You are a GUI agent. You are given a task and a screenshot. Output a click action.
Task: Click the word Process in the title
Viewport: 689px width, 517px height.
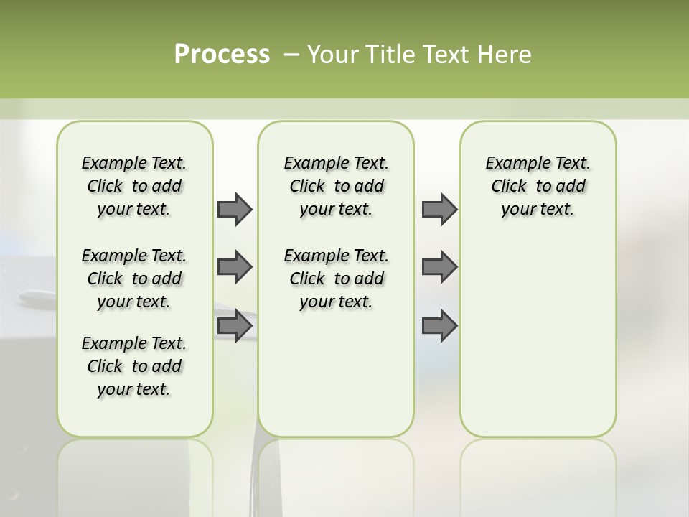point(222,54)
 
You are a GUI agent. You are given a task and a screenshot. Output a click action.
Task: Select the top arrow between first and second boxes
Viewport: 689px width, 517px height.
point(235,209)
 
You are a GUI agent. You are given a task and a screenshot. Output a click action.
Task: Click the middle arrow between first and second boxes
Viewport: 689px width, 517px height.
point(235,267)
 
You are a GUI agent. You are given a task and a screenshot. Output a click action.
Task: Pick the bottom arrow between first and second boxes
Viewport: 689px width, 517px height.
point(235,326)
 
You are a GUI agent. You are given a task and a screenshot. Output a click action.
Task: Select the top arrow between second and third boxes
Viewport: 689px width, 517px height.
point(439,209)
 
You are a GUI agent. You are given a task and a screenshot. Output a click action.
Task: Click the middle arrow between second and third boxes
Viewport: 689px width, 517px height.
point(439,267)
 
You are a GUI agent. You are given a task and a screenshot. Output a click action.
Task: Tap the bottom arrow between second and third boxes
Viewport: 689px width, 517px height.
point(439,326)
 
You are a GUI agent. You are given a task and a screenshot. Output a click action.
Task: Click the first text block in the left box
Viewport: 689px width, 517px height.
point(134,186)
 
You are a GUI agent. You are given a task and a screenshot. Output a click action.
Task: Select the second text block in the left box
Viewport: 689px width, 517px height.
point(134,279)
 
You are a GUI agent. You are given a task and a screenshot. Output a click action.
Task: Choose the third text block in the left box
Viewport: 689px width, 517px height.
point(134,366)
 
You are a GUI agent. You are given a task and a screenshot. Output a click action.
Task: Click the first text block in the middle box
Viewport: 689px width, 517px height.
point(336,186)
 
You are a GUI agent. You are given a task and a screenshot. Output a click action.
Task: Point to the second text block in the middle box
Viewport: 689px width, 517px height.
point(336,279)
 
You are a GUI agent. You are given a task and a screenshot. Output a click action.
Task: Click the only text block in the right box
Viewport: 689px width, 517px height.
point(538,186)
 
